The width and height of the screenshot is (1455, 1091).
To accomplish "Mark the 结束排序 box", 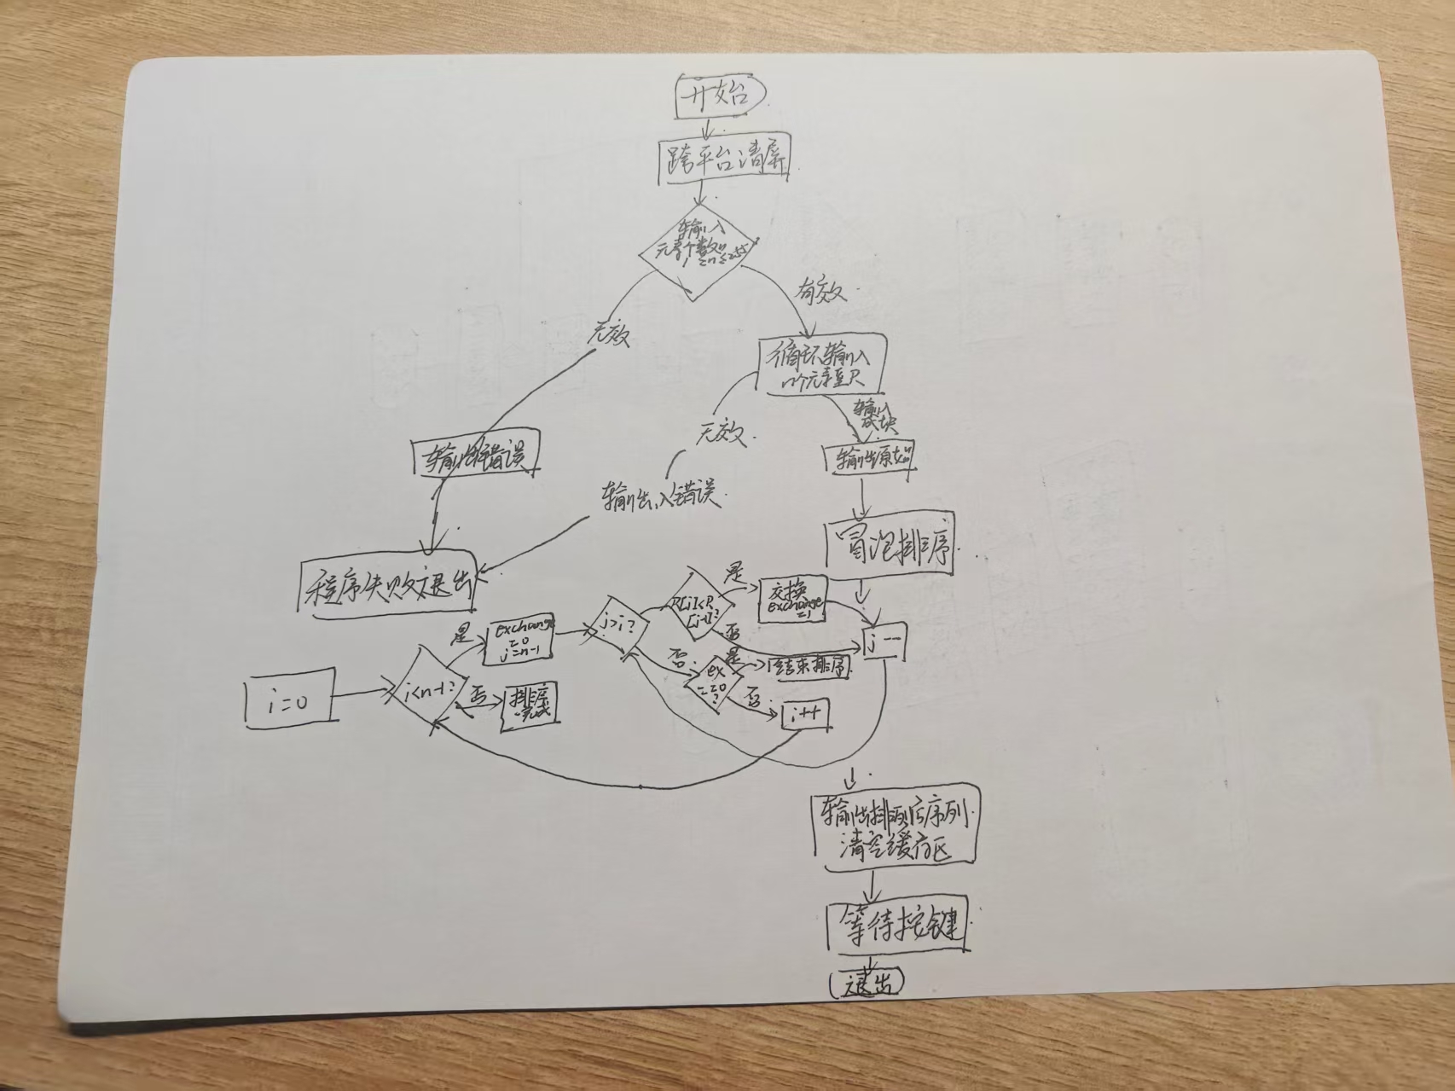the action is (809, 667).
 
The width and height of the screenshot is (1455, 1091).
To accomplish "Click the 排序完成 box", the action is (530, 705).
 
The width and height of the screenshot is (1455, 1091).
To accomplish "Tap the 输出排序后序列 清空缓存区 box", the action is (892, 832).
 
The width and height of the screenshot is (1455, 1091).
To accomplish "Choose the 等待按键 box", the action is (899, 927).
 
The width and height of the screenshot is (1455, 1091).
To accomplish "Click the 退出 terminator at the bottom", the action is (866, 984).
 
